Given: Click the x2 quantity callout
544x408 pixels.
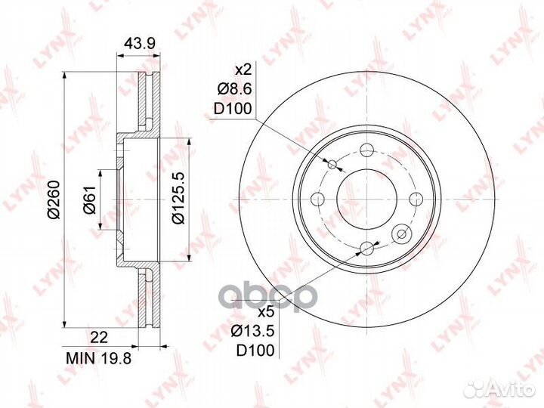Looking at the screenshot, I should point(242,70).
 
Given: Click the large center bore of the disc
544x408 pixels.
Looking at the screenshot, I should point(366,199).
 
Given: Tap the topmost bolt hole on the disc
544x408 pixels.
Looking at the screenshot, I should point(367,150).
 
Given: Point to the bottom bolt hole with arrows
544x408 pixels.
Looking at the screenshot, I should point(367,248).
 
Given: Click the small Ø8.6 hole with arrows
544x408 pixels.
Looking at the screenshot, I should point(332,164).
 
